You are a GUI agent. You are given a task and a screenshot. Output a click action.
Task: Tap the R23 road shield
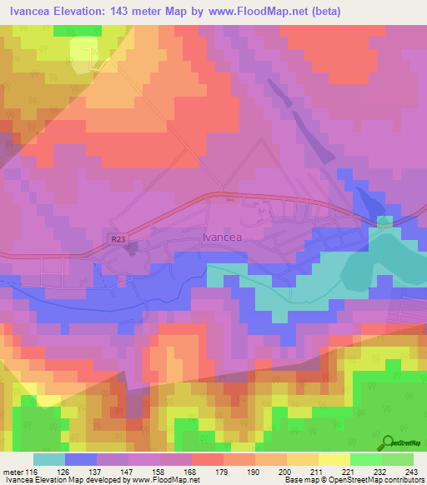coord(118,238)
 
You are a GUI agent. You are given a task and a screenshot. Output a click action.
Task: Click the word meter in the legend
coord(13,471)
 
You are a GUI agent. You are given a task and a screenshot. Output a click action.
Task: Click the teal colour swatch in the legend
coord(49,459)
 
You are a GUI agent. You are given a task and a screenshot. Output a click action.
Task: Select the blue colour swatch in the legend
coord(79,459)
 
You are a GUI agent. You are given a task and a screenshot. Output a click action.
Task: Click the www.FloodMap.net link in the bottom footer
coord(163,480)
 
